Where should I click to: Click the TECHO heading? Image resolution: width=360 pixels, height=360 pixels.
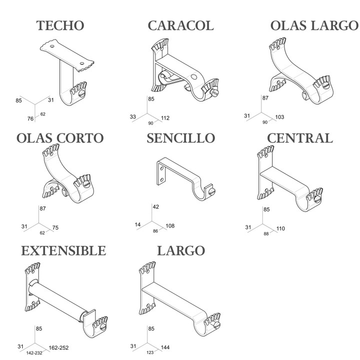(60, 25)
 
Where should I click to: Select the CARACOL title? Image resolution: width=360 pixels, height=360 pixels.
(181, 25)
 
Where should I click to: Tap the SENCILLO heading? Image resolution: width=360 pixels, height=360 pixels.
(181, 138)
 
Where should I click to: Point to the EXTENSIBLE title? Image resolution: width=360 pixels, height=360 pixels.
(63, 250)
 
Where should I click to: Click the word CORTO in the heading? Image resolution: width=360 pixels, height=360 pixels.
(80, 138)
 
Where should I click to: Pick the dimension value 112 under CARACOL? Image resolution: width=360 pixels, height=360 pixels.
(165, 118)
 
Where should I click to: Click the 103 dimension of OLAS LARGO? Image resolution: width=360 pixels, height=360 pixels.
(279, 117)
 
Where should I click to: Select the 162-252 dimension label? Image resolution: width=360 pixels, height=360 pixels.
(58, 348)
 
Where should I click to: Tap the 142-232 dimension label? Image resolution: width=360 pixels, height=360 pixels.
(34, 353)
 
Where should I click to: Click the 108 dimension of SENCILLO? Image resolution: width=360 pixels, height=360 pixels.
(170, 226)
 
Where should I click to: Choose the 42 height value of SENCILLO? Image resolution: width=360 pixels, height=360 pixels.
(155, 207)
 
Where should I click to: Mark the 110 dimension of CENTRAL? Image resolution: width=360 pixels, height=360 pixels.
(280, 228)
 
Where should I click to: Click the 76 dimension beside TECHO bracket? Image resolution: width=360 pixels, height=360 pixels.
(30, 118)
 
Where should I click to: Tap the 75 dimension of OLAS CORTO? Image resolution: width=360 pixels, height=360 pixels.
(55, 228)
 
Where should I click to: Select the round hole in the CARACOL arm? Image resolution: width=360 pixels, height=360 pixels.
(194, 77)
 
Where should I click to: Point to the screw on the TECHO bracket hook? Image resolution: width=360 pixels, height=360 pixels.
(81, 94)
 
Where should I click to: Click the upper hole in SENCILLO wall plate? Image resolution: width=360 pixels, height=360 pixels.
(162, 169)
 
